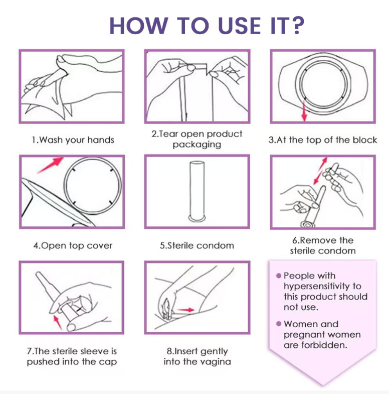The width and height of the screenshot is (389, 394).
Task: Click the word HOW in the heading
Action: [x=138, y=26]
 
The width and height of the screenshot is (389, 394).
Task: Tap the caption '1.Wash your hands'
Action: [x=73, y=140]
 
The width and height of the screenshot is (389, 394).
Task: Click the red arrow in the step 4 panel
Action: [x=50, y=165]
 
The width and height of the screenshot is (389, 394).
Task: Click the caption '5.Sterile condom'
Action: [x=197, y=245]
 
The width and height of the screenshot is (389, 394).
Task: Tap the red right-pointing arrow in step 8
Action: [x=185, y=310]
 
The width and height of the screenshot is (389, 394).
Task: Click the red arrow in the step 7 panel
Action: [x=58, y=323]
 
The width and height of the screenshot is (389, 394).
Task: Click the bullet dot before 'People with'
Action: [x=278, y=276]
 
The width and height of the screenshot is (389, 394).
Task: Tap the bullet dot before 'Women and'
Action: [x=278, y=324]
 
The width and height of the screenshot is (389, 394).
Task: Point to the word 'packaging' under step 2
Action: [x=197, y=145]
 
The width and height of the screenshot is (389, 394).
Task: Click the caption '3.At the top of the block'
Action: [x=323, y=140]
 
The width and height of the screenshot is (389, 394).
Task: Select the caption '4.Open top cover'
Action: [x=73, y=246]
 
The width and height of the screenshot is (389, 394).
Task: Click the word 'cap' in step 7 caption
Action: [x=108, y=362]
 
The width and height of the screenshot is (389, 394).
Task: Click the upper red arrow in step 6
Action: [x=323, y=163]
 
